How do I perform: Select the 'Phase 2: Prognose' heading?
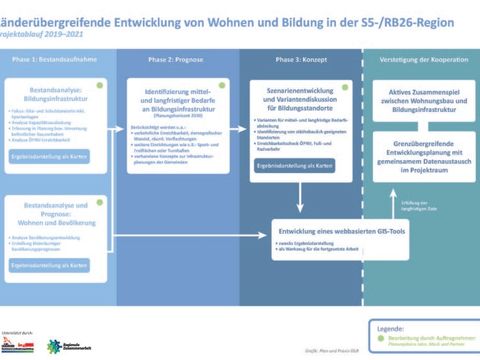pyautogui.click(x=176, y=61)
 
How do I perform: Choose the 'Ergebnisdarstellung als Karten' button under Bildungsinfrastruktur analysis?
pyautogui.click(x=61, y=156)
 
